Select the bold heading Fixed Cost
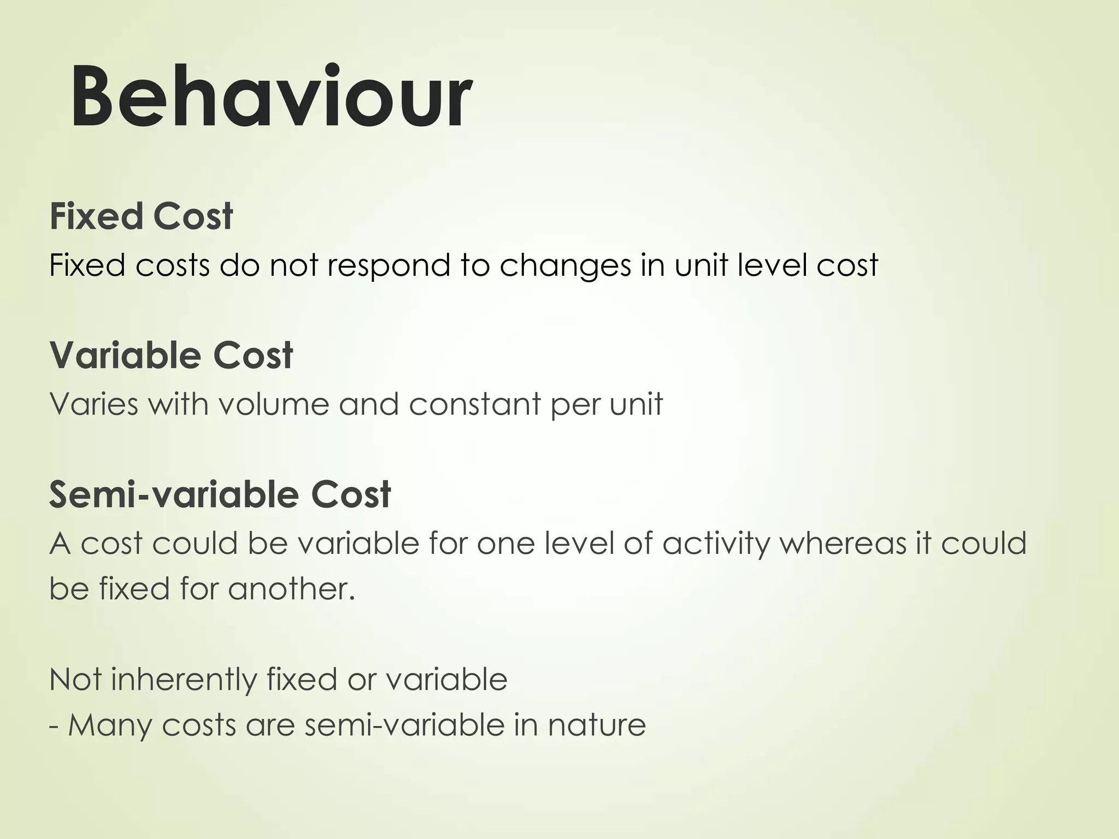point(141,216)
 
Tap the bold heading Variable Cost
point(171,356)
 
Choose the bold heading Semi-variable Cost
point(220,494)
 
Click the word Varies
point(93,405)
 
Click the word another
point(292,589)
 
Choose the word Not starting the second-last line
point(75,680)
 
